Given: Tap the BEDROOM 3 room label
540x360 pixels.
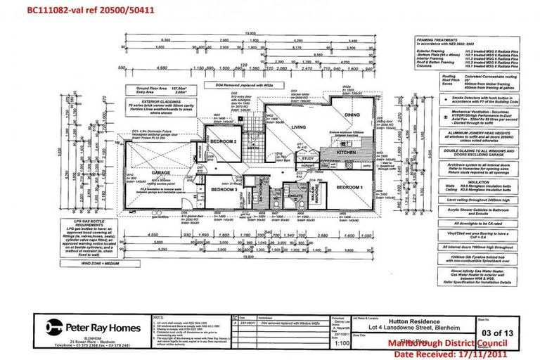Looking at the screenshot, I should (221, 189).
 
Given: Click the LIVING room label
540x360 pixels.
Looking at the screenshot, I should (300, 127).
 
